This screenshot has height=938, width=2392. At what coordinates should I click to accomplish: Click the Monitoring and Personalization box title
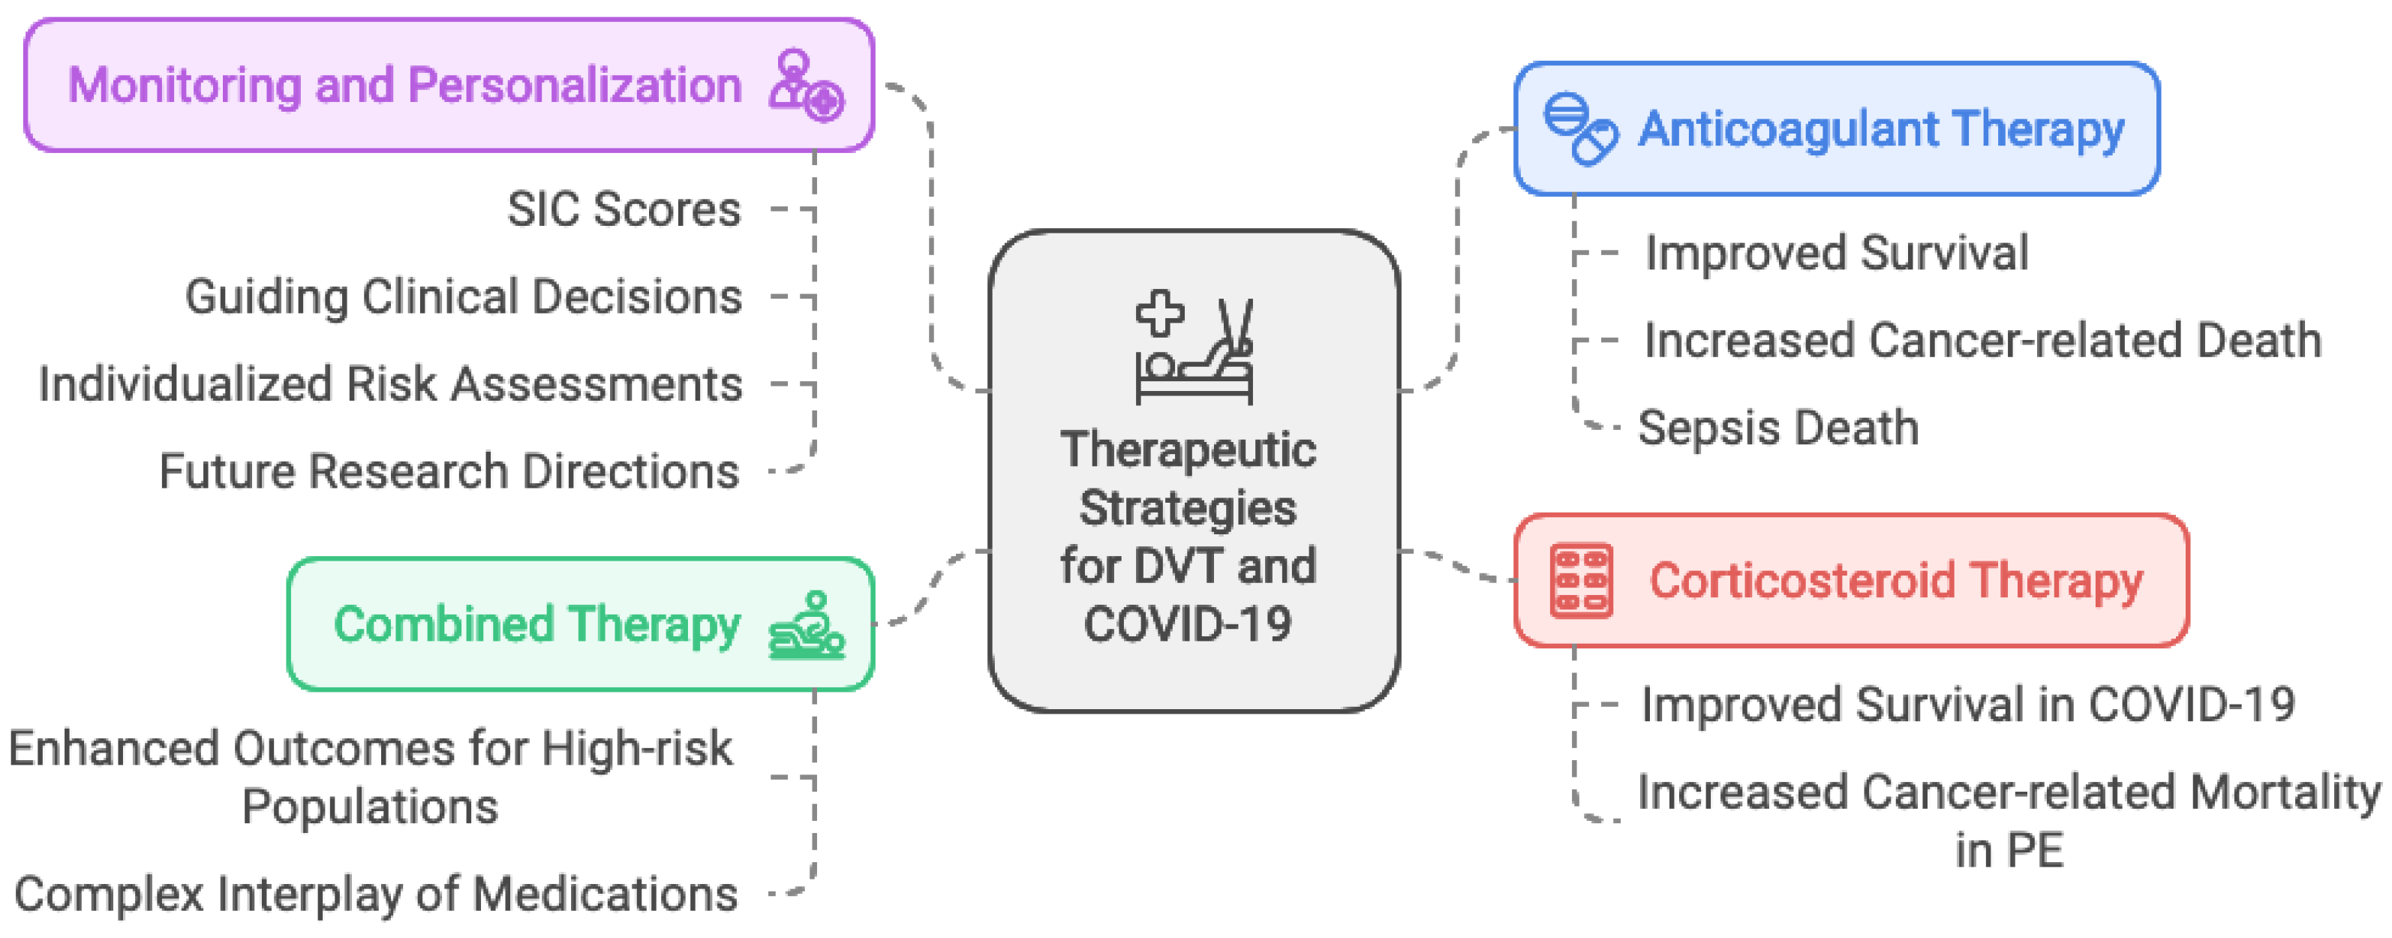405,86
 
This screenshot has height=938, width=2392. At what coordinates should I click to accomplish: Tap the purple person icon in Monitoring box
805,86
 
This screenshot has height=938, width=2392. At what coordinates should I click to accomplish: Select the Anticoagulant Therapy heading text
1880,129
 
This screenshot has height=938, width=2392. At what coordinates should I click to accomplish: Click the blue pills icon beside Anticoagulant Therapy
1579,129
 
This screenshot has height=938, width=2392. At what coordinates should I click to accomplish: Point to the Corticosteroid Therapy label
1895,582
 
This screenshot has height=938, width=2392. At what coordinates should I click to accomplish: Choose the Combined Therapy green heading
536,624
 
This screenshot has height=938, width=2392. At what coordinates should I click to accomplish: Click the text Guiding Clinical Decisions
464,297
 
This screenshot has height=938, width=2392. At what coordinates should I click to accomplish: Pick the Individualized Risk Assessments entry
390,384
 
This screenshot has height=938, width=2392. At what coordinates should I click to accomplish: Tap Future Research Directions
449,472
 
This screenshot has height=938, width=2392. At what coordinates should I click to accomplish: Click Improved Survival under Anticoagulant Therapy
1836,254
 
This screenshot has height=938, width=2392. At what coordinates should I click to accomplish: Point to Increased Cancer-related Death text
1982,341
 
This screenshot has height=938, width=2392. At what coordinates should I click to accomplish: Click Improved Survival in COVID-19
1967,705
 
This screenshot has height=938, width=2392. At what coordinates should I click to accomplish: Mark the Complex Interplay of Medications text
376,894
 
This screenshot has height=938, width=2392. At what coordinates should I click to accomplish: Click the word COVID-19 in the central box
1188,624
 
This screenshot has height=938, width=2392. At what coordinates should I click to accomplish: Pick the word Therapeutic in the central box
1188,450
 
